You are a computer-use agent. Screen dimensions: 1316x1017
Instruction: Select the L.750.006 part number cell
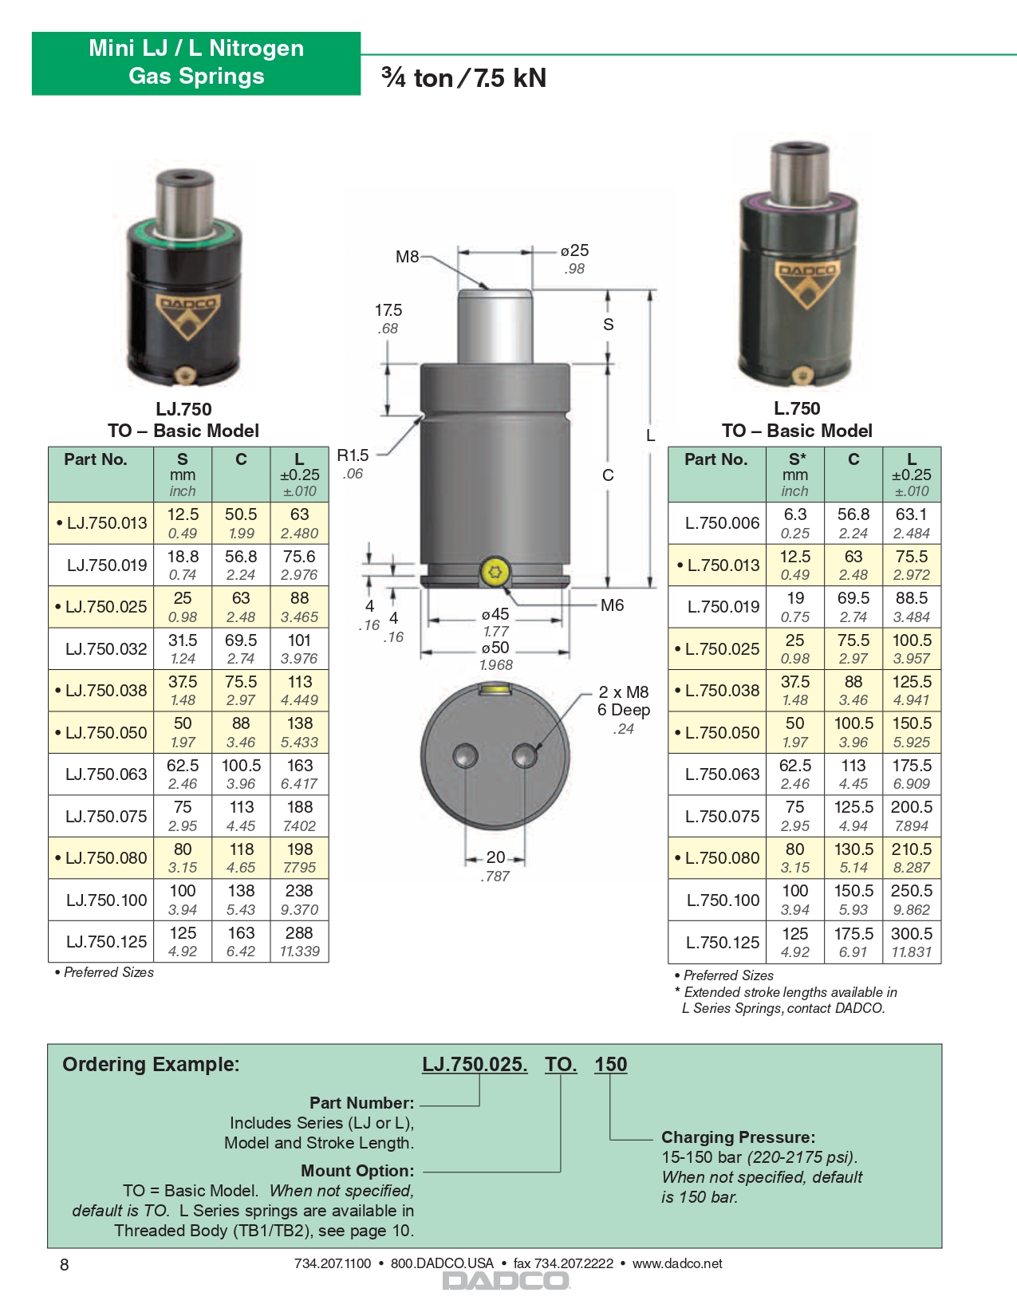722,523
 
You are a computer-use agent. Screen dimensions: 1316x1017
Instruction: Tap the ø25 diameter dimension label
574,250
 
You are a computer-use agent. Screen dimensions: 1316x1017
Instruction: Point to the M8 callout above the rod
407,257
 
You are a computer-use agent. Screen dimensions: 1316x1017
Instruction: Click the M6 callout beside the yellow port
612,605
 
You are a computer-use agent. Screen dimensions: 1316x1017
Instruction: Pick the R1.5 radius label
353,455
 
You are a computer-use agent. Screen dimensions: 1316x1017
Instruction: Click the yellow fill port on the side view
495,572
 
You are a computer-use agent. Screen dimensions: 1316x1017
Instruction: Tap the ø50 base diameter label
495,648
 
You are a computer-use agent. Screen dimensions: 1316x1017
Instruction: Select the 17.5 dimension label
388,310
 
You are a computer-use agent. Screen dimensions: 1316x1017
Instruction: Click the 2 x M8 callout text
624,692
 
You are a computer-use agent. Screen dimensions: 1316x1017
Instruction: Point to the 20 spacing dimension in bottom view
495,857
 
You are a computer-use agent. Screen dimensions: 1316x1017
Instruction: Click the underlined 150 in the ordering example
610,1065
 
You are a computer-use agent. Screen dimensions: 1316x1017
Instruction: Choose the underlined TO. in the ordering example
561,1065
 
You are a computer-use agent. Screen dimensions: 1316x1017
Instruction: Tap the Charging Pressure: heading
738,1137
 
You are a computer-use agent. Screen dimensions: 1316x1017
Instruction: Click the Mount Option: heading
357,1171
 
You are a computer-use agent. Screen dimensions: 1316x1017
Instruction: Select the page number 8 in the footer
65,1265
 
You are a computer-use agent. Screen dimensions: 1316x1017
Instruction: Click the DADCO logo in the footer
506,1281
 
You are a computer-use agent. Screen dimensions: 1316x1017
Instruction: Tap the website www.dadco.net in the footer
677,1263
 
